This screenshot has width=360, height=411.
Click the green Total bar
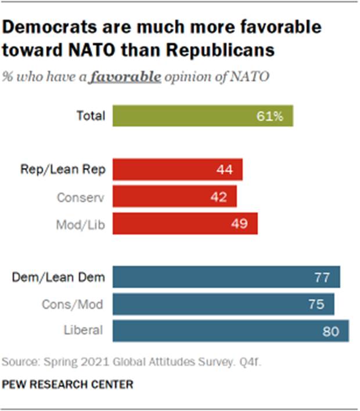203,116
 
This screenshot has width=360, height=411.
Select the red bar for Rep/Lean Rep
177,170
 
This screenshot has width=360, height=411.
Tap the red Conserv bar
174,197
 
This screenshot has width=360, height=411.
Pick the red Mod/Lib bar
185,223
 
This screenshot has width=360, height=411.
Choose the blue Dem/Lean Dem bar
226,277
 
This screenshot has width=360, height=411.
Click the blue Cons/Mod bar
223,304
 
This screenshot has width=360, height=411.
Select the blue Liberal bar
231,330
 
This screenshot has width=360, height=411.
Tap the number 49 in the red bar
239,224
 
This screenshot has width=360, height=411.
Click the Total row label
91,116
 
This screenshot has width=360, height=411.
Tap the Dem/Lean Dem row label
59,277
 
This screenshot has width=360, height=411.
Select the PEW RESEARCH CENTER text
68,384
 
